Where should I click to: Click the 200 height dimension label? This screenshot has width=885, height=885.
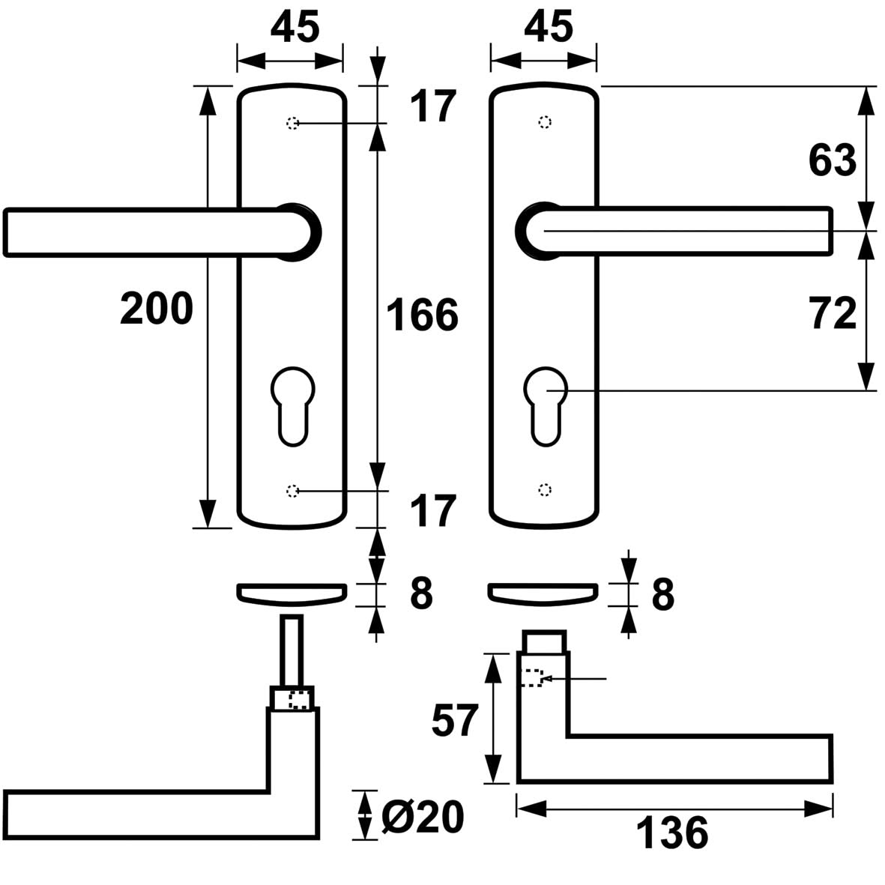click(157, 309)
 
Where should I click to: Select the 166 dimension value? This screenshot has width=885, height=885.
click(422, 315)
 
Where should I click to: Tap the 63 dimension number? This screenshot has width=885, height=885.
click(832, 160)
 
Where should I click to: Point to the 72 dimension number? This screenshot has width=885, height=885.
click(833, 313)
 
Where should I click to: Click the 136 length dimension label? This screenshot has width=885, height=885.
click(672, 833)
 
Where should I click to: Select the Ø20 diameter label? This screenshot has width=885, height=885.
click(423, 817)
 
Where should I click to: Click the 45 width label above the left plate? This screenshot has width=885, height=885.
click(295, 28)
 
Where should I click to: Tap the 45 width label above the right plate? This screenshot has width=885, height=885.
click(548, 28)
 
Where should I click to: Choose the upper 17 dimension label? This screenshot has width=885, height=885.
click(432, 106)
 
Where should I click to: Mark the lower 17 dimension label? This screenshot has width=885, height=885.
click(432, 512)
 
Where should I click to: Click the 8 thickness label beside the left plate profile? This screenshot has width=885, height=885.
click(421, 594)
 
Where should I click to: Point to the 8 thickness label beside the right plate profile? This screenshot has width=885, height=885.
click(662, 594)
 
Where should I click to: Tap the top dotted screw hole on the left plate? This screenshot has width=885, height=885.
click(292, 123)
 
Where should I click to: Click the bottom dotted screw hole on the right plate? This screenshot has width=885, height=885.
click(545, 490)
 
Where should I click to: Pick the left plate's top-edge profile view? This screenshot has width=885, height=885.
click(292, 593)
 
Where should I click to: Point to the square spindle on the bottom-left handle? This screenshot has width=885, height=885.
click(292, 650)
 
